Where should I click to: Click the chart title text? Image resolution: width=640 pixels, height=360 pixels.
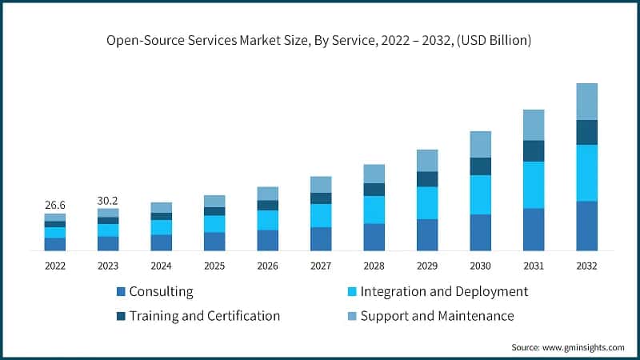click(x=320, y=39)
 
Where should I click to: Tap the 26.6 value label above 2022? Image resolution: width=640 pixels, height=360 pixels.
click(x=54, y=205)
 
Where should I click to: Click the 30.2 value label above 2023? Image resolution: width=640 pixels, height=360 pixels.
click(x=108, y=199)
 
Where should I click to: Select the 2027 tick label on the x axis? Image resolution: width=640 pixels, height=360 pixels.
click(x=321, y=266)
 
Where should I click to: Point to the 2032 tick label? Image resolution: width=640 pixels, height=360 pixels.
click(x=586, y=266)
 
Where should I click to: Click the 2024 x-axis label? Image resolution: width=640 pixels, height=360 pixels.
click(x=161, y=266)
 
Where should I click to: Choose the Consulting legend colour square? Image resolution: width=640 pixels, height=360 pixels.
click(x=121, y=292)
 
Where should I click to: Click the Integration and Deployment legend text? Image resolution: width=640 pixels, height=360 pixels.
click(x=444, y=292)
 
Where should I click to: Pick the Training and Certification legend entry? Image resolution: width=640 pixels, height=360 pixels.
click(x=205, y=316)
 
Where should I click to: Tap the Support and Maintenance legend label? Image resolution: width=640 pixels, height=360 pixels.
click(x=437, y=316)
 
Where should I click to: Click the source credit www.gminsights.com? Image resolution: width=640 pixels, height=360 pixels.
click(x=568, y=347)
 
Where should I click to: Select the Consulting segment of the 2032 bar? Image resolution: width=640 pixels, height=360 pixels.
click(x=586, y=226)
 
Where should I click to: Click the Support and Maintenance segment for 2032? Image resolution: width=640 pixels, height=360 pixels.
click(x=586, y=102)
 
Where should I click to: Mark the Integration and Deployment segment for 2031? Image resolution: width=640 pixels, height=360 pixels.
click(x=534, y=185)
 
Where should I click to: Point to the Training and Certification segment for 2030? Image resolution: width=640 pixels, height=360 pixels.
click(x=480, y=166)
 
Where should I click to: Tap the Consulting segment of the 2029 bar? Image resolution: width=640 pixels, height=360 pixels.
click(x=427, y=234)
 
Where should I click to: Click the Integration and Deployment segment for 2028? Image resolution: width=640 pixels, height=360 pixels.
click(x=374, y=210)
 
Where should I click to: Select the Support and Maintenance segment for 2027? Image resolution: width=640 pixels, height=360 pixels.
click(x=321, y=185)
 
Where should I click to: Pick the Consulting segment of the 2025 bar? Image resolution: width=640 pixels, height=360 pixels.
click(x=214, y=242)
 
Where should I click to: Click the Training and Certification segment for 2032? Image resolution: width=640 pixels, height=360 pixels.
click(x=586, y=133)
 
